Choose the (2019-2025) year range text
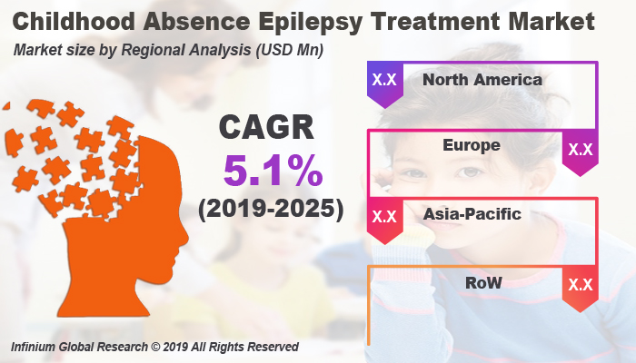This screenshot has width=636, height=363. pyautogui.click(x=271, y=210)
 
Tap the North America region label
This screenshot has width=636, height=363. pyautogui.click(x=482, y=80)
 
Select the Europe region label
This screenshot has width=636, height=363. pyautogui.click(x=472, y=145)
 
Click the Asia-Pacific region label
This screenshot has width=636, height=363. pyautogui.click(x=472, y=215)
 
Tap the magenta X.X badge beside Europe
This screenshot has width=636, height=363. pyautogui.click(x=580, y=148)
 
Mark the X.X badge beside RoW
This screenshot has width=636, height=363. pyautogui.click(x=580, y=285)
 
